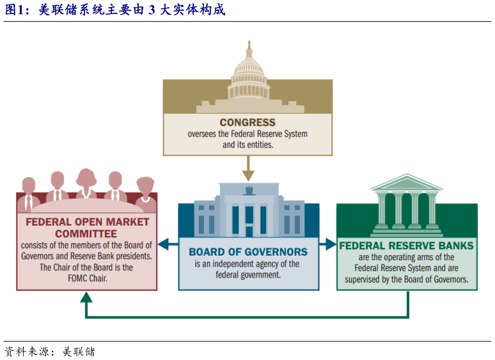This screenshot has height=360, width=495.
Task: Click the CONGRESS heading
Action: [247, 122]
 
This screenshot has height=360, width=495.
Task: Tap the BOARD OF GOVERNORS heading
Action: [248, 252]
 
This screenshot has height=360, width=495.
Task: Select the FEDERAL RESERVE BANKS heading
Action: [407, 246]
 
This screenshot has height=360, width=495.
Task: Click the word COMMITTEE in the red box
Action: [86, 234]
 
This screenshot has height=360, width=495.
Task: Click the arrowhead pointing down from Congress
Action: [248, 176]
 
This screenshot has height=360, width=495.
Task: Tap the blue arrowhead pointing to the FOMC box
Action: [163, 244]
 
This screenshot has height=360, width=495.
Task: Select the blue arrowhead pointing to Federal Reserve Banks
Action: [331, 244]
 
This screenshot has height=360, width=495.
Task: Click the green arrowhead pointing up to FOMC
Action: [86, 297]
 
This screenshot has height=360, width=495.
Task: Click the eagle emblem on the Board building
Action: [249, 191]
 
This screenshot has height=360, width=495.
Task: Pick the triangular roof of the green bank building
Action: [407, 182]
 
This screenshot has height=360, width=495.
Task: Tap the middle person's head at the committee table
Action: [86, 177]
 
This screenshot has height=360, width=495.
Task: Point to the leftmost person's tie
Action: [29, 203]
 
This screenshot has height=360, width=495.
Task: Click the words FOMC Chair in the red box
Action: [88, 278]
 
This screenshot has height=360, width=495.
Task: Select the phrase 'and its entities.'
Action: [247, 145]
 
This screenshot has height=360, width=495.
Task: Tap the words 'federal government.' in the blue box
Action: [248, 275]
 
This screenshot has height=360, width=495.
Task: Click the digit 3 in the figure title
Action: [152, 10]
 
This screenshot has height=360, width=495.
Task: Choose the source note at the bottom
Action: [50, 352]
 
